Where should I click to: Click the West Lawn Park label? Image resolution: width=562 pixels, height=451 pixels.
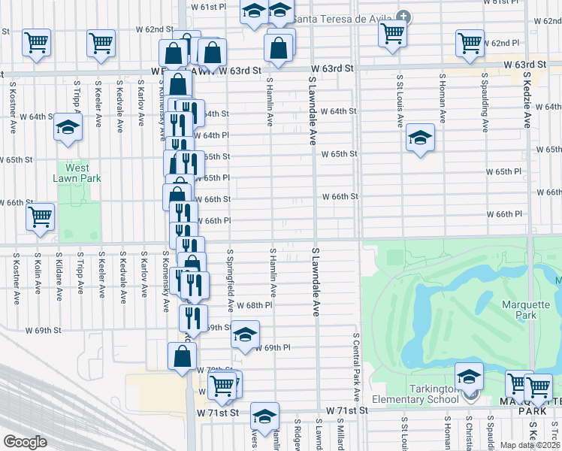[x=77, y=173]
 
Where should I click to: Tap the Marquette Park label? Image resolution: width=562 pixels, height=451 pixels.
[x=519, y=310]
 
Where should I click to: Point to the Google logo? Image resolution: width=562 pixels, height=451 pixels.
[x=24, y=442]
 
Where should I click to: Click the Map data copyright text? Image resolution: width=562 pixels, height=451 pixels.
[x=530, y=445]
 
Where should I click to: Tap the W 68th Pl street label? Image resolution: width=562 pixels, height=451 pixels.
[x=254, y=305]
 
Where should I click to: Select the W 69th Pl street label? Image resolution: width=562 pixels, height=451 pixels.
[x=272, y=347]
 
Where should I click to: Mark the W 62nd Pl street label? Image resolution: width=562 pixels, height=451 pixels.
[x=504, y=44]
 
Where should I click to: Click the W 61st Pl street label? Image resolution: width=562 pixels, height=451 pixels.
[x=208, y=7]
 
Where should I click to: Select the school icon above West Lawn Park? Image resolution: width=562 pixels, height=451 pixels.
[x=68, y=127]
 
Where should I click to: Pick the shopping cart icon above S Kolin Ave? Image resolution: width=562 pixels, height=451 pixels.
[x=41, y=216]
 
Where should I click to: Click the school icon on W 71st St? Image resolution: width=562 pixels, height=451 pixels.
[x=264, y=415]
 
